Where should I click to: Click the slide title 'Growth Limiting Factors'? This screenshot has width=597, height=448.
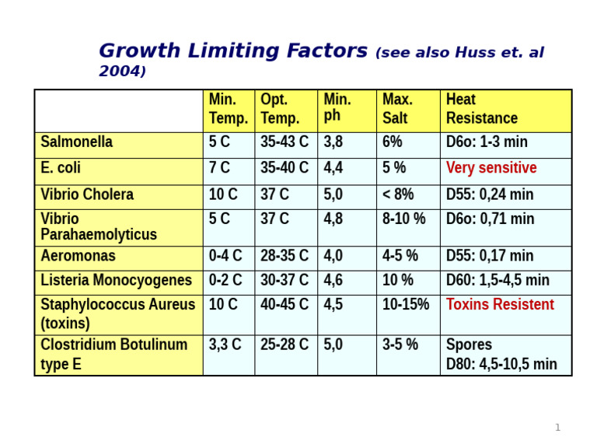pos(233,51)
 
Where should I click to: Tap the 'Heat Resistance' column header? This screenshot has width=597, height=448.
pos(481,109)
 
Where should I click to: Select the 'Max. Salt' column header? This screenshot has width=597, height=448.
pos(398,109)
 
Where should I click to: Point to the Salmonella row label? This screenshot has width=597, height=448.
pos(76,142)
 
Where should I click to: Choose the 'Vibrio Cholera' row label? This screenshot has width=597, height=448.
pos(87,194)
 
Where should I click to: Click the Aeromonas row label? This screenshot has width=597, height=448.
pos(78,256)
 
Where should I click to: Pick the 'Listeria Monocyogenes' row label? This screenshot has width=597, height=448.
pos(116,280)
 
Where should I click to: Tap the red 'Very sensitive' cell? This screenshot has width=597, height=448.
pos(491,168)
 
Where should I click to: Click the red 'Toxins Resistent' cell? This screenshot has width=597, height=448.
pos(500,304)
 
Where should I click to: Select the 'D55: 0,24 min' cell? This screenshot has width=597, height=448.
pos(490,194)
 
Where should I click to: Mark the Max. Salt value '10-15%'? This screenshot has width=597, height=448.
pos(406,304)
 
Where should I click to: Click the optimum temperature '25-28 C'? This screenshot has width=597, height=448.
pos(285,345)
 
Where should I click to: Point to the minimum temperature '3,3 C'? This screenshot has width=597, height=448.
pos(225,345)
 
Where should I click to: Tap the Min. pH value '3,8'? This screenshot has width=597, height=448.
pos(333,142)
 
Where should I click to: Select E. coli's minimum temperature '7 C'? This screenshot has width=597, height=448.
pos(219,168)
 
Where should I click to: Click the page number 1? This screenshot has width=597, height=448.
pos(557,427)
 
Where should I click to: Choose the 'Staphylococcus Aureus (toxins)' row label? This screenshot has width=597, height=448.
pos(117,313)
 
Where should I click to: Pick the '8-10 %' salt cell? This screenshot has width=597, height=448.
pos(404,219)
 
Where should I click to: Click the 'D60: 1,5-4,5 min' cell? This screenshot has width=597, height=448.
pos(497,280)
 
